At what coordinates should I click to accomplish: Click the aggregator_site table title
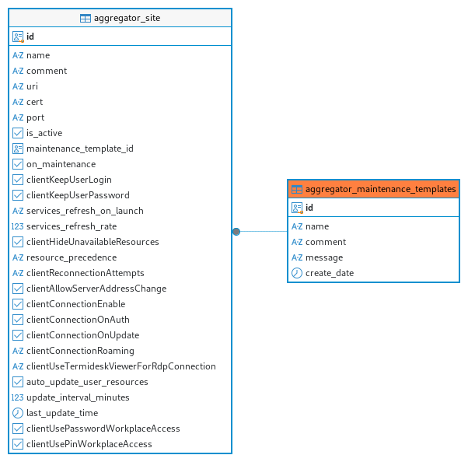tap(127, 18)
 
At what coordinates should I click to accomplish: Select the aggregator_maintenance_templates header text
tap(381, 189)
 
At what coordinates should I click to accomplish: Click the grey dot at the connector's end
tap(236, 232)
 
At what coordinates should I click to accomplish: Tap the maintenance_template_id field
tap(80, 149)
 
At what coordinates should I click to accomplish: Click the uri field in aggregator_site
tap(32, 86)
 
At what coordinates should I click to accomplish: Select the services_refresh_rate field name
tap(72, 226)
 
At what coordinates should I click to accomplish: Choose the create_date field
tap(330, 273)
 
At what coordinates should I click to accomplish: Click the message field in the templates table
tap(324, 257)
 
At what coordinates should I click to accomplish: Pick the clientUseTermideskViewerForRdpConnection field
tap(121, 366)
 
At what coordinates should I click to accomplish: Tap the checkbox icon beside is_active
tap(18, 133)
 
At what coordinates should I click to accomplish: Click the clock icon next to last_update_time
tap(18, 413)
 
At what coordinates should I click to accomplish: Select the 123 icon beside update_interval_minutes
tap(17, 397)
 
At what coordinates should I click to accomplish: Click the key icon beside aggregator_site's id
tap(18, 37)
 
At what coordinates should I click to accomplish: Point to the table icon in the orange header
tap(297, 189)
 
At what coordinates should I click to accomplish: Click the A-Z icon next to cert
tap(18, 102)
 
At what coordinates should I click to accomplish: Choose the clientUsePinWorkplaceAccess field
tap(89, 444)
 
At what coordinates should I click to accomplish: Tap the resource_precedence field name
tap(72, 257)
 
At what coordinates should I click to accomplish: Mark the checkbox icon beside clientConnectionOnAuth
tap(18, 320)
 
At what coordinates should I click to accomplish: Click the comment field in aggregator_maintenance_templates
tap(326, 242)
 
